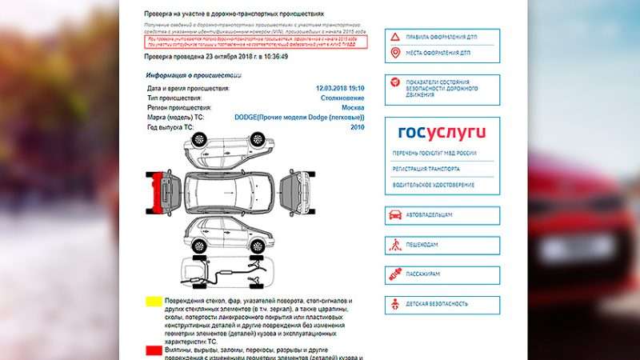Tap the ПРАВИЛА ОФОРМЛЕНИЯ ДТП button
(x=442, y=38)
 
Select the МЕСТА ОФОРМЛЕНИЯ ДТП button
(x=442, y=54)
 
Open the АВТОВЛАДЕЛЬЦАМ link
(x=442, y=215)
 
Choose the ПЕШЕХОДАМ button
(x=442, y=246)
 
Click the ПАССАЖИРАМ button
(x=442, y=274)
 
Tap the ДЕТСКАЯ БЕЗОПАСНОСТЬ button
(x=442, y=304)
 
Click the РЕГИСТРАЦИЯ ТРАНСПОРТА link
(x=426, y=170)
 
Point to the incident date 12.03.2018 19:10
(x=340, y=88)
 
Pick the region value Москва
(x=353, y=107)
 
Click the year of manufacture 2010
(x=357, y=127)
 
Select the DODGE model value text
(x=299, y=118)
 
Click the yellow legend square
(x=153, y=302)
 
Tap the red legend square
(x=153, y=351)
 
